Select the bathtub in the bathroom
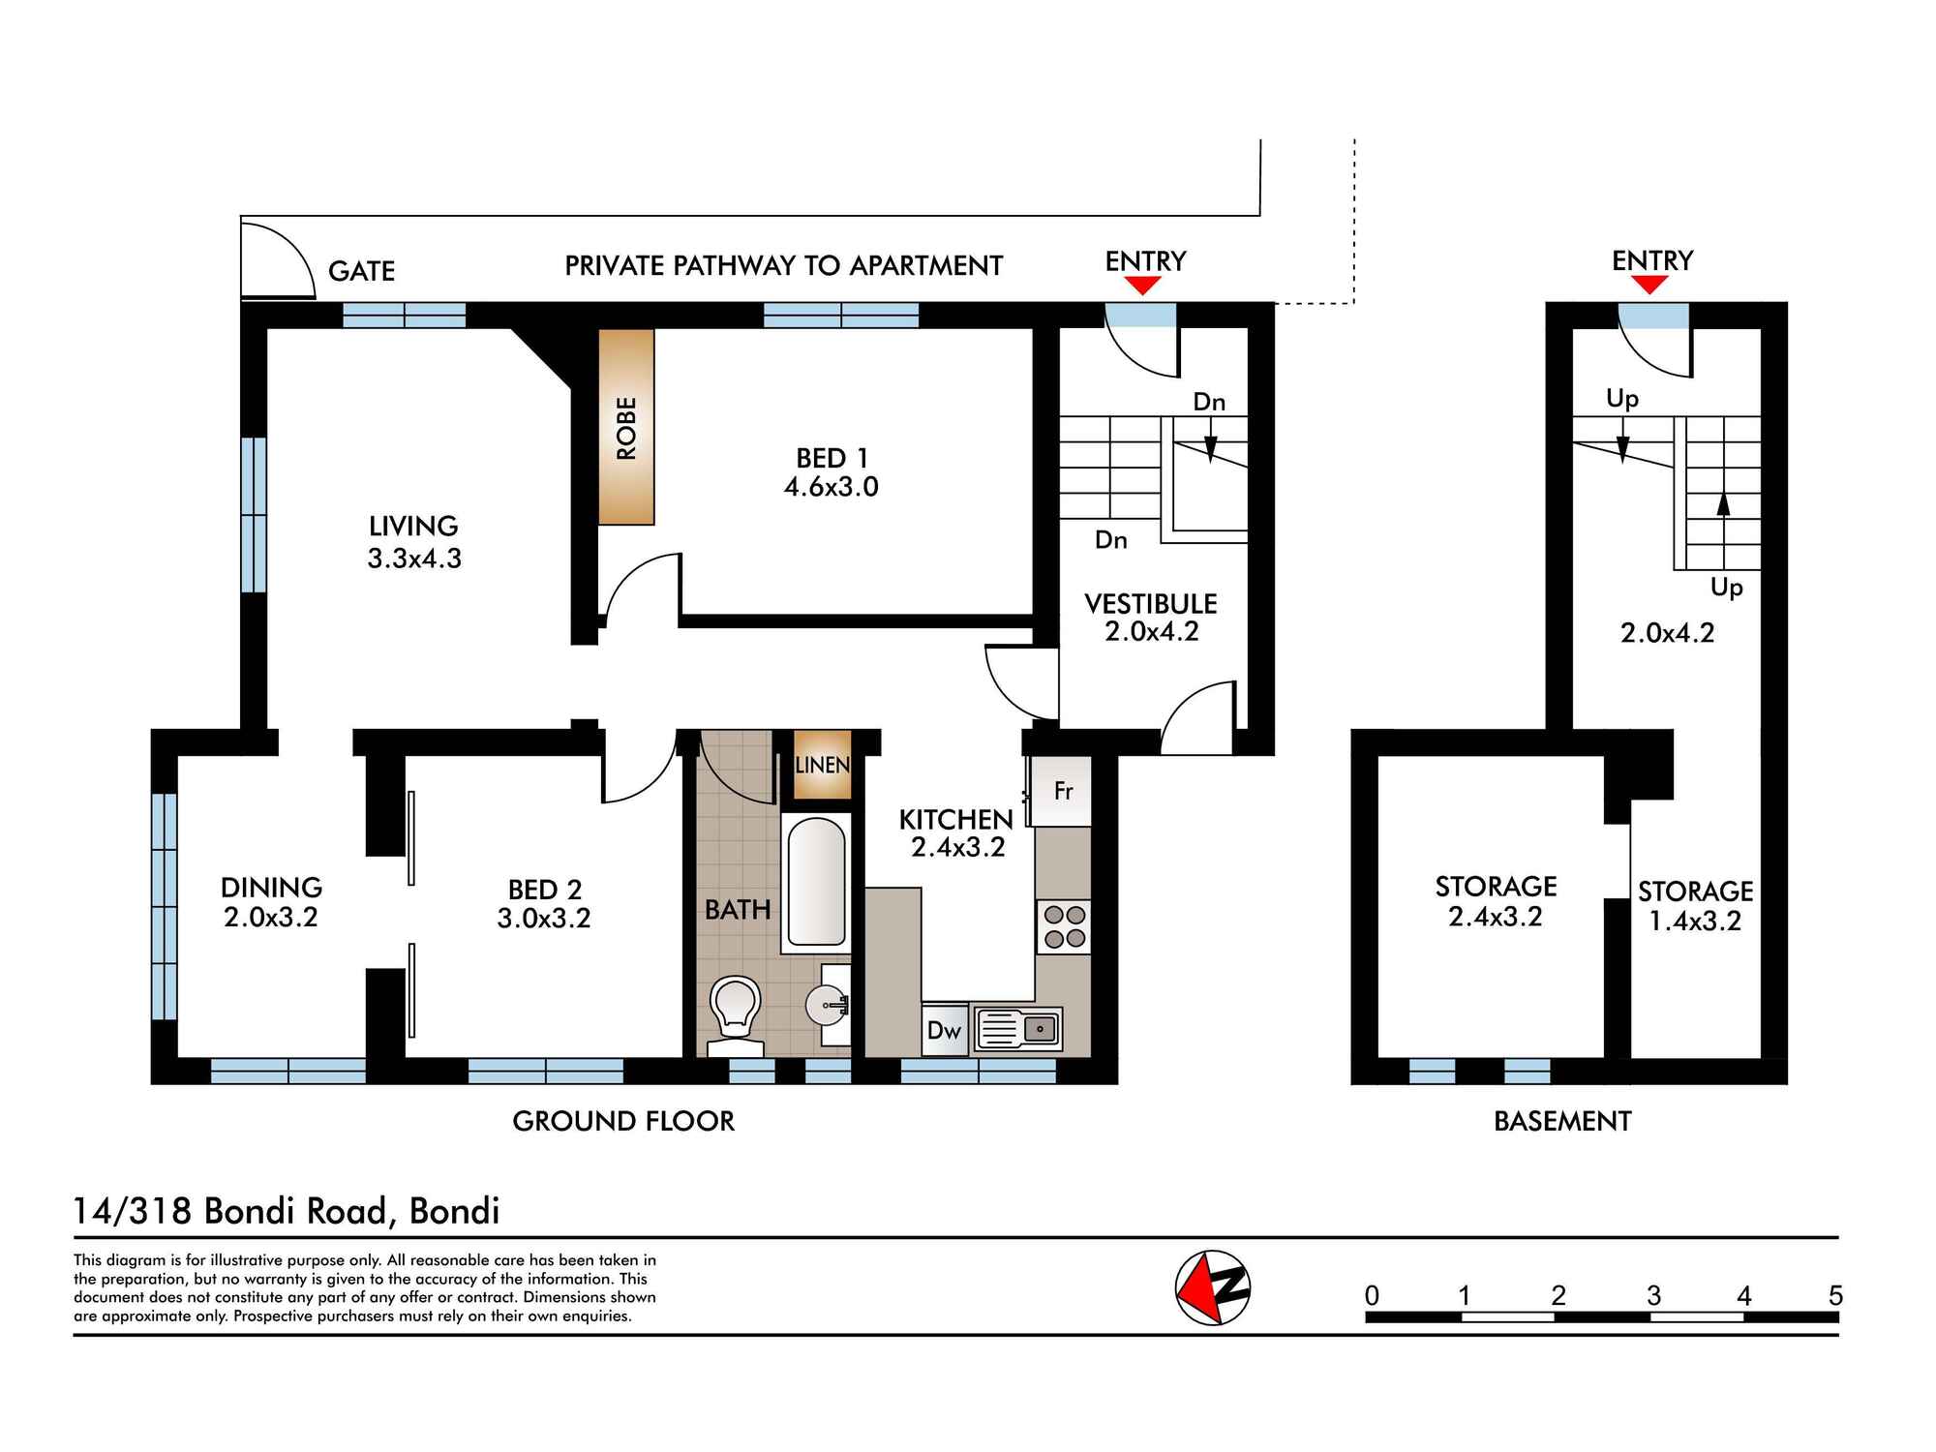[x=816, y=882]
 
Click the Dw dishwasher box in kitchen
[x=944, y=1030]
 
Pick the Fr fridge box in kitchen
[x=1062, y=791]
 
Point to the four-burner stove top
[x=1063, y=926]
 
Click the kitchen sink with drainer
[x=1018, y=1029]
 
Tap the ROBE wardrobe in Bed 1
[x=626, y=427]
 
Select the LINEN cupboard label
[x=822, y=765]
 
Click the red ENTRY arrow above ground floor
[x=1143, y=286]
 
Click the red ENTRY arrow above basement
[x=1649, y=285]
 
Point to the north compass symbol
[x=1213, y=1287]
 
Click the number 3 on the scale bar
[x=1652, y=1295]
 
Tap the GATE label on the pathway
[x=361, y=271]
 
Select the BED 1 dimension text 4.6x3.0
[x=831, y=487]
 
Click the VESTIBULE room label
[x=1150, y=604]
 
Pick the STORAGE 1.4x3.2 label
[x=1695, y=905]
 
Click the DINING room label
[x=271, y=887]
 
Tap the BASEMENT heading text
[x=1562, y=1121]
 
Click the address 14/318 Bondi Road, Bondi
[x=287, y=1211]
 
